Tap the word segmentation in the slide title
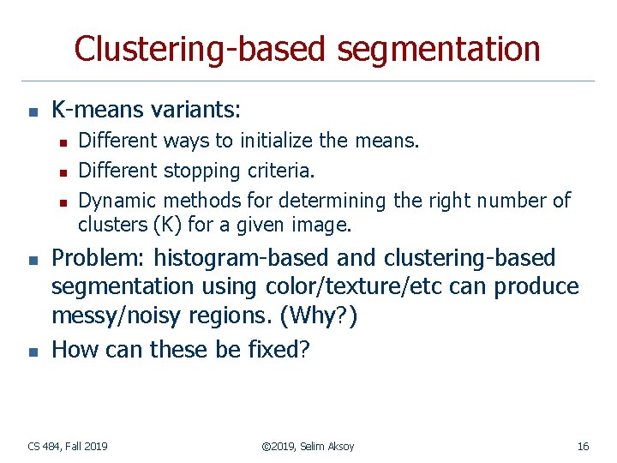[x=438, y=49]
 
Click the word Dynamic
[x=117, y=201]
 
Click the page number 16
[x=583, y=446]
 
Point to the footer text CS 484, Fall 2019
[x=68, y=446]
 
